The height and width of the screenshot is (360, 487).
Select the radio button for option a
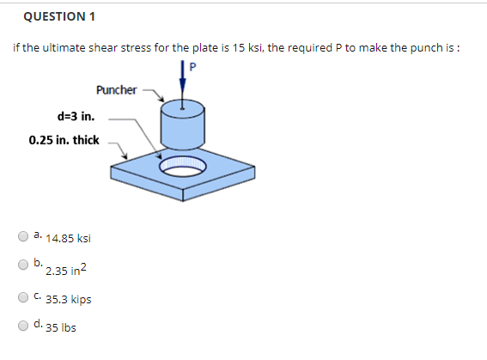coord(23,235)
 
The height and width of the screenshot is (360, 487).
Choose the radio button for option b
coord(23,265)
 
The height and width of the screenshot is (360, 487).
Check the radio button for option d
coord(23,326)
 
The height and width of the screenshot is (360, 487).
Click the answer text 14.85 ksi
coord(69,239)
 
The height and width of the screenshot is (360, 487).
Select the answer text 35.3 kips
coord(69,300)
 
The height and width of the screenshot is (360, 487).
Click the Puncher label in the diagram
coord(117,89)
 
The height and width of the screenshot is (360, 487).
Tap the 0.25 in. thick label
coord(64,139)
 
